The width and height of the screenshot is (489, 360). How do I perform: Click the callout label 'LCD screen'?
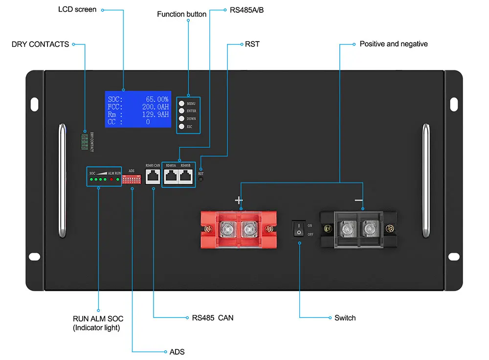point(77,9)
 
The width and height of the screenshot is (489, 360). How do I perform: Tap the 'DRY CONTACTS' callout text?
point(40,44)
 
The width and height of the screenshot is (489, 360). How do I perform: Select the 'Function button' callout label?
point(181,14)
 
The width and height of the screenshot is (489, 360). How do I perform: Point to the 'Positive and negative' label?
point(393,44)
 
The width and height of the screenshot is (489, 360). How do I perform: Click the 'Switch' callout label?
point(345,318)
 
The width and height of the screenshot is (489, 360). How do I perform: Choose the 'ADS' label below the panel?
point(177,352)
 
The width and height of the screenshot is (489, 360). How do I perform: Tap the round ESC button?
point(181,127)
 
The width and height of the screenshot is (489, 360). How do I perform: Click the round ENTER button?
point(181,111)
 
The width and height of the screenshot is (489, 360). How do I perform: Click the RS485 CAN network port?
point(153,177)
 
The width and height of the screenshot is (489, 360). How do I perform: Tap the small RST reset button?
point(200,180)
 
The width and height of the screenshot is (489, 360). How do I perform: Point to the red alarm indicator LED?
point(111,180)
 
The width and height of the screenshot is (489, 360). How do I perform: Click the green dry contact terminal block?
point(85,141)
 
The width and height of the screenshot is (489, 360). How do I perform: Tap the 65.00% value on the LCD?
point(156,99)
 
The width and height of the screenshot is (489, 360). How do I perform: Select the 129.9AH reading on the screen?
point(156,114)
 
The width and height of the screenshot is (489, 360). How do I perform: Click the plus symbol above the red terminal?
point(239,200)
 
